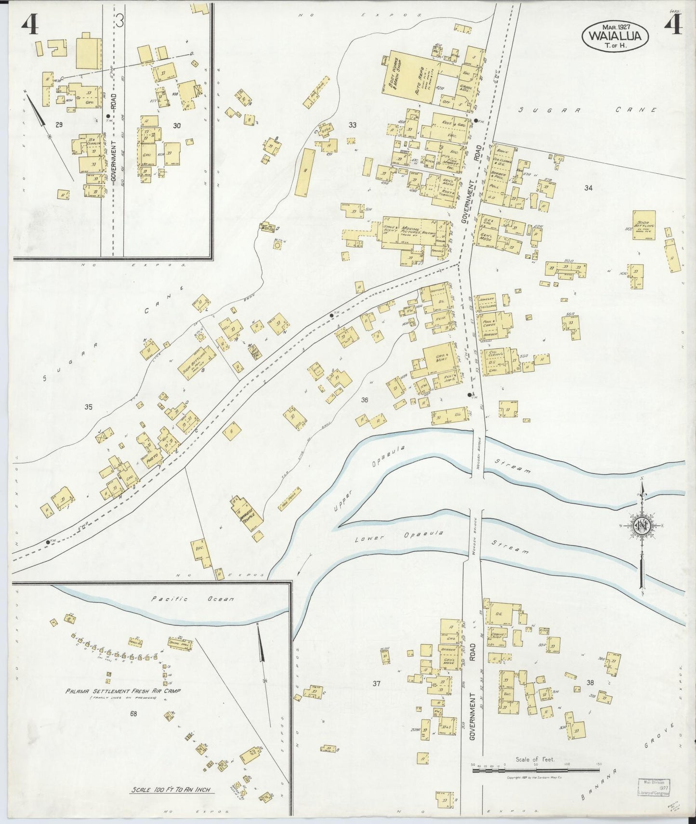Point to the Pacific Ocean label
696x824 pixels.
click(192, 599)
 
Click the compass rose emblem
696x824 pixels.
click(643, 525)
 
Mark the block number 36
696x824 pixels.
click(364, 399)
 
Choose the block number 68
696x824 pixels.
click(133, 714)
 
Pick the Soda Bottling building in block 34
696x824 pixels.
click(644, 226)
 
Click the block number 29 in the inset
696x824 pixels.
click(59, 125)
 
